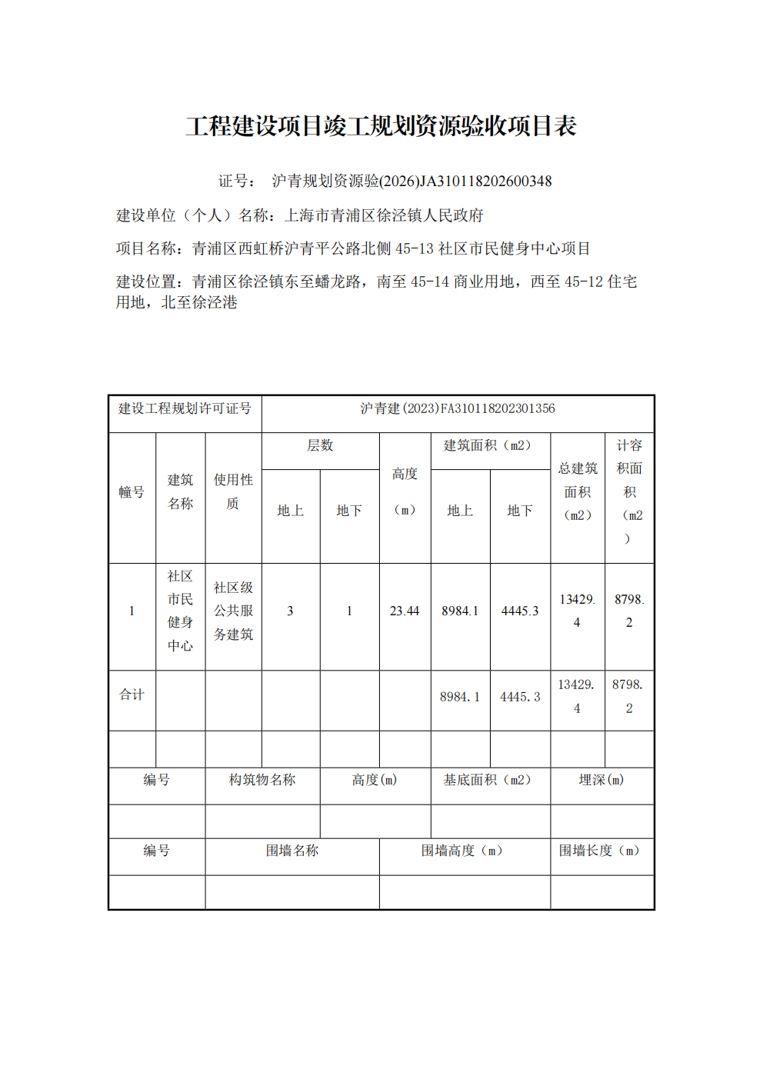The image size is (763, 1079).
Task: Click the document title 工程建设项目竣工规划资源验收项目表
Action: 381,126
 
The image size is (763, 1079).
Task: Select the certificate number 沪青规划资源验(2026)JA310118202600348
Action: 411,181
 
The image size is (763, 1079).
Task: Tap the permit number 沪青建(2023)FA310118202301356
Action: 458,408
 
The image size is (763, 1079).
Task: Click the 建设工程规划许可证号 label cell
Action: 185,408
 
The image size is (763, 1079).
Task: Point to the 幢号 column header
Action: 132,492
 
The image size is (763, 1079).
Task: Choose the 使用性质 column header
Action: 233,491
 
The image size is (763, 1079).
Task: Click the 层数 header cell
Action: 320,446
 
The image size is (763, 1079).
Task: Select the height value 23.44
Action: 405,611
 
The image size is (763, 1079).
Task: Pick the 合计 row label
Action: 132,695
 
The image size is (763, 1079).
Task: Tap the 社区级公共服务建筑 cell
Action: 233,611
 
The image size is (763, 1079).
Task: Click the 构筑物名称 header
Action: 262,780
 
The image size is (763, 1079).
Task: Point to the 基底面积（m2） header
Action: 488,780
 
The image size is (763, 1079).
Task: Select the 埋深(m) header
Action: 601,780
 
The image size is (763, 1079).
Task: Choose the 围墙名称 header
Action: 292,851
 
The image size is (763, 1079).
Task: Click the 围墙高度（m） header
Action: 462,851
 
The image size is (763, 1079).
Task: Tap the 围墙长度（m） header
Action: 600,851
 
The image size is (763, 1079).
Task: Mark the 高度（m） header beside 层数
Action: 405,491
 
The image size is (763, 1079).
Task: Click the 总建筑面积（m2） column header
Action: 578,491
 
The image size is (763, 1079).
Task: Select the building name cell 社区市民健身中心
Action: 180,611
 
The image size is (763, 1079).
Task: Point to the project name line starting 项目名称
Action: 353,248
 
